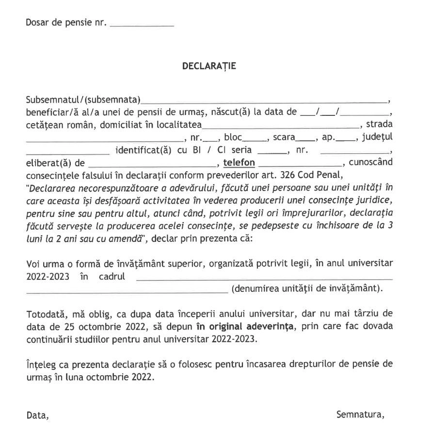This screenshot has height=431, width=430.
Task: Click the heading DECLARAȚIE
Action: (x=209, y=66)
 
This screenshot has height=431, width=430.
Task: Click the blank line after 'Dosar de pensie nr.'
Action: (x=142, y=23)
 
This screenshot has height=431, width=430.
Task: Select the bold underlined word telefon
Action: (x=239, y=162)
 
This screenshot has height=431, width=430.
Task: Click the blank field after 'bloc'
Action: (x=255, y=138)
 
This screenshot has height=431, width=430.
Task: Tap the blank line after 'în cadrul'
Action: (x=264, y=278)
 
